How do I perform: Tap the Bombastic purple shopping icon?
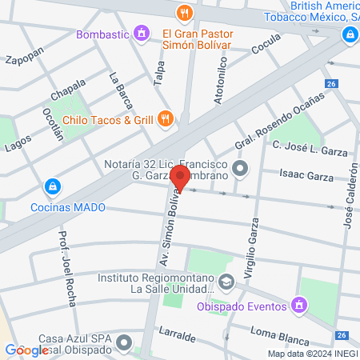(x=142, y=34)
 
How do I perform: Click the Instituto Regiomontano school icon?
(x=227, y=281)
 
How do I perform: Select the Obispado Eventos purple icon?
(x=299, y=304)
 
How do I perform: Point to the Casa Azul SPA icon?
(x=123, y=344)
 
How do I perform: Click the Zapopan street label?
(x=23, y=60)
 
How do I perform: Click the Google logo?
(x=26, y=350)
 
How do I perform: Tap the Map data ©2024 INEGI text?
(x=313, y=354)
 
